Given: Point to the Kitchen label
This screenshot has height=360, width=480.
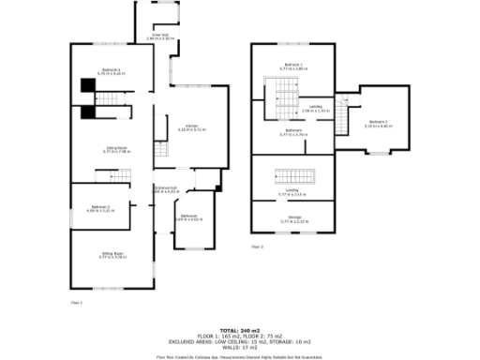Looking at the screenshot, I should pyautogui.click(x=191, y=127).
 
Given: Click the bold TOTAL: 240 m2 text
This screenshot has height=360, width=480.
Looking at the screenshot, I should pyautogui.click(x=240, y=330).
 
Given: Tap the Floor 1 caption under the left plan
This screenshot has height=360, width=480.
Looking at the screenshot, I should pyautogui.click(x=77, y=302).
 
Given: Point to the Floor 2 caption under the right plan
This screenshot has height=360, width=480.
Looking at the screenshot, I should pyautogui.click(x=257, y=247).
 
